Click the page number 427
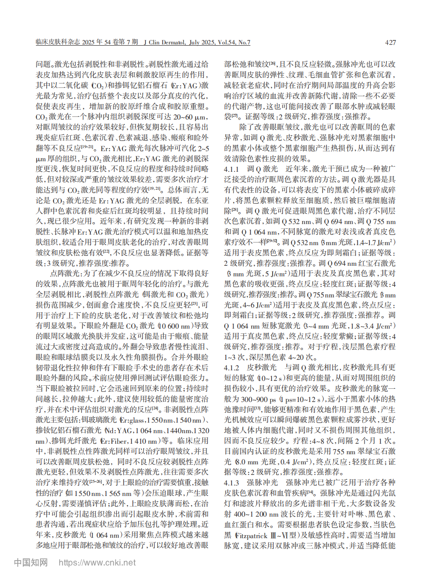tap(390, 43)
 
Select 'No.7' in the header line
tap(244, 42)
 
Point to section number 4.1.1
tap(231, 169)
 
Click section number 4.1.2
tap(231, 368)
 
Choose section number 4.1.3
tap(231, 483)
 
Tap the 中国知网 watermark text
tap(31, 563)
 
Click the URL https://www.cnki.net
tap(97, 563)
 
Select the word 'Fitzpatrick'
tap(251, 536)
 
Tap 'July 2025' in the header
tap(202, 42)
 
